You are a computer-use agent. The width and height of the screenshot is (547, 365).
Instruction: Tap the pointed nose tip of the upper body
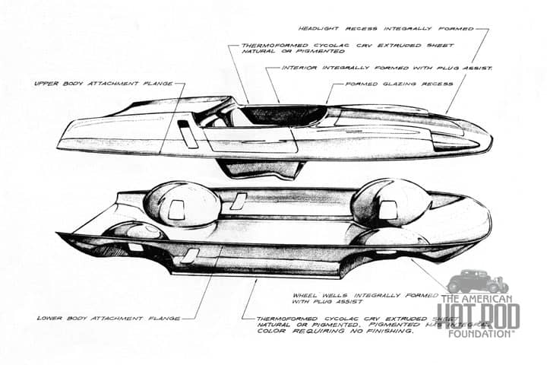pos(489,144)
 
